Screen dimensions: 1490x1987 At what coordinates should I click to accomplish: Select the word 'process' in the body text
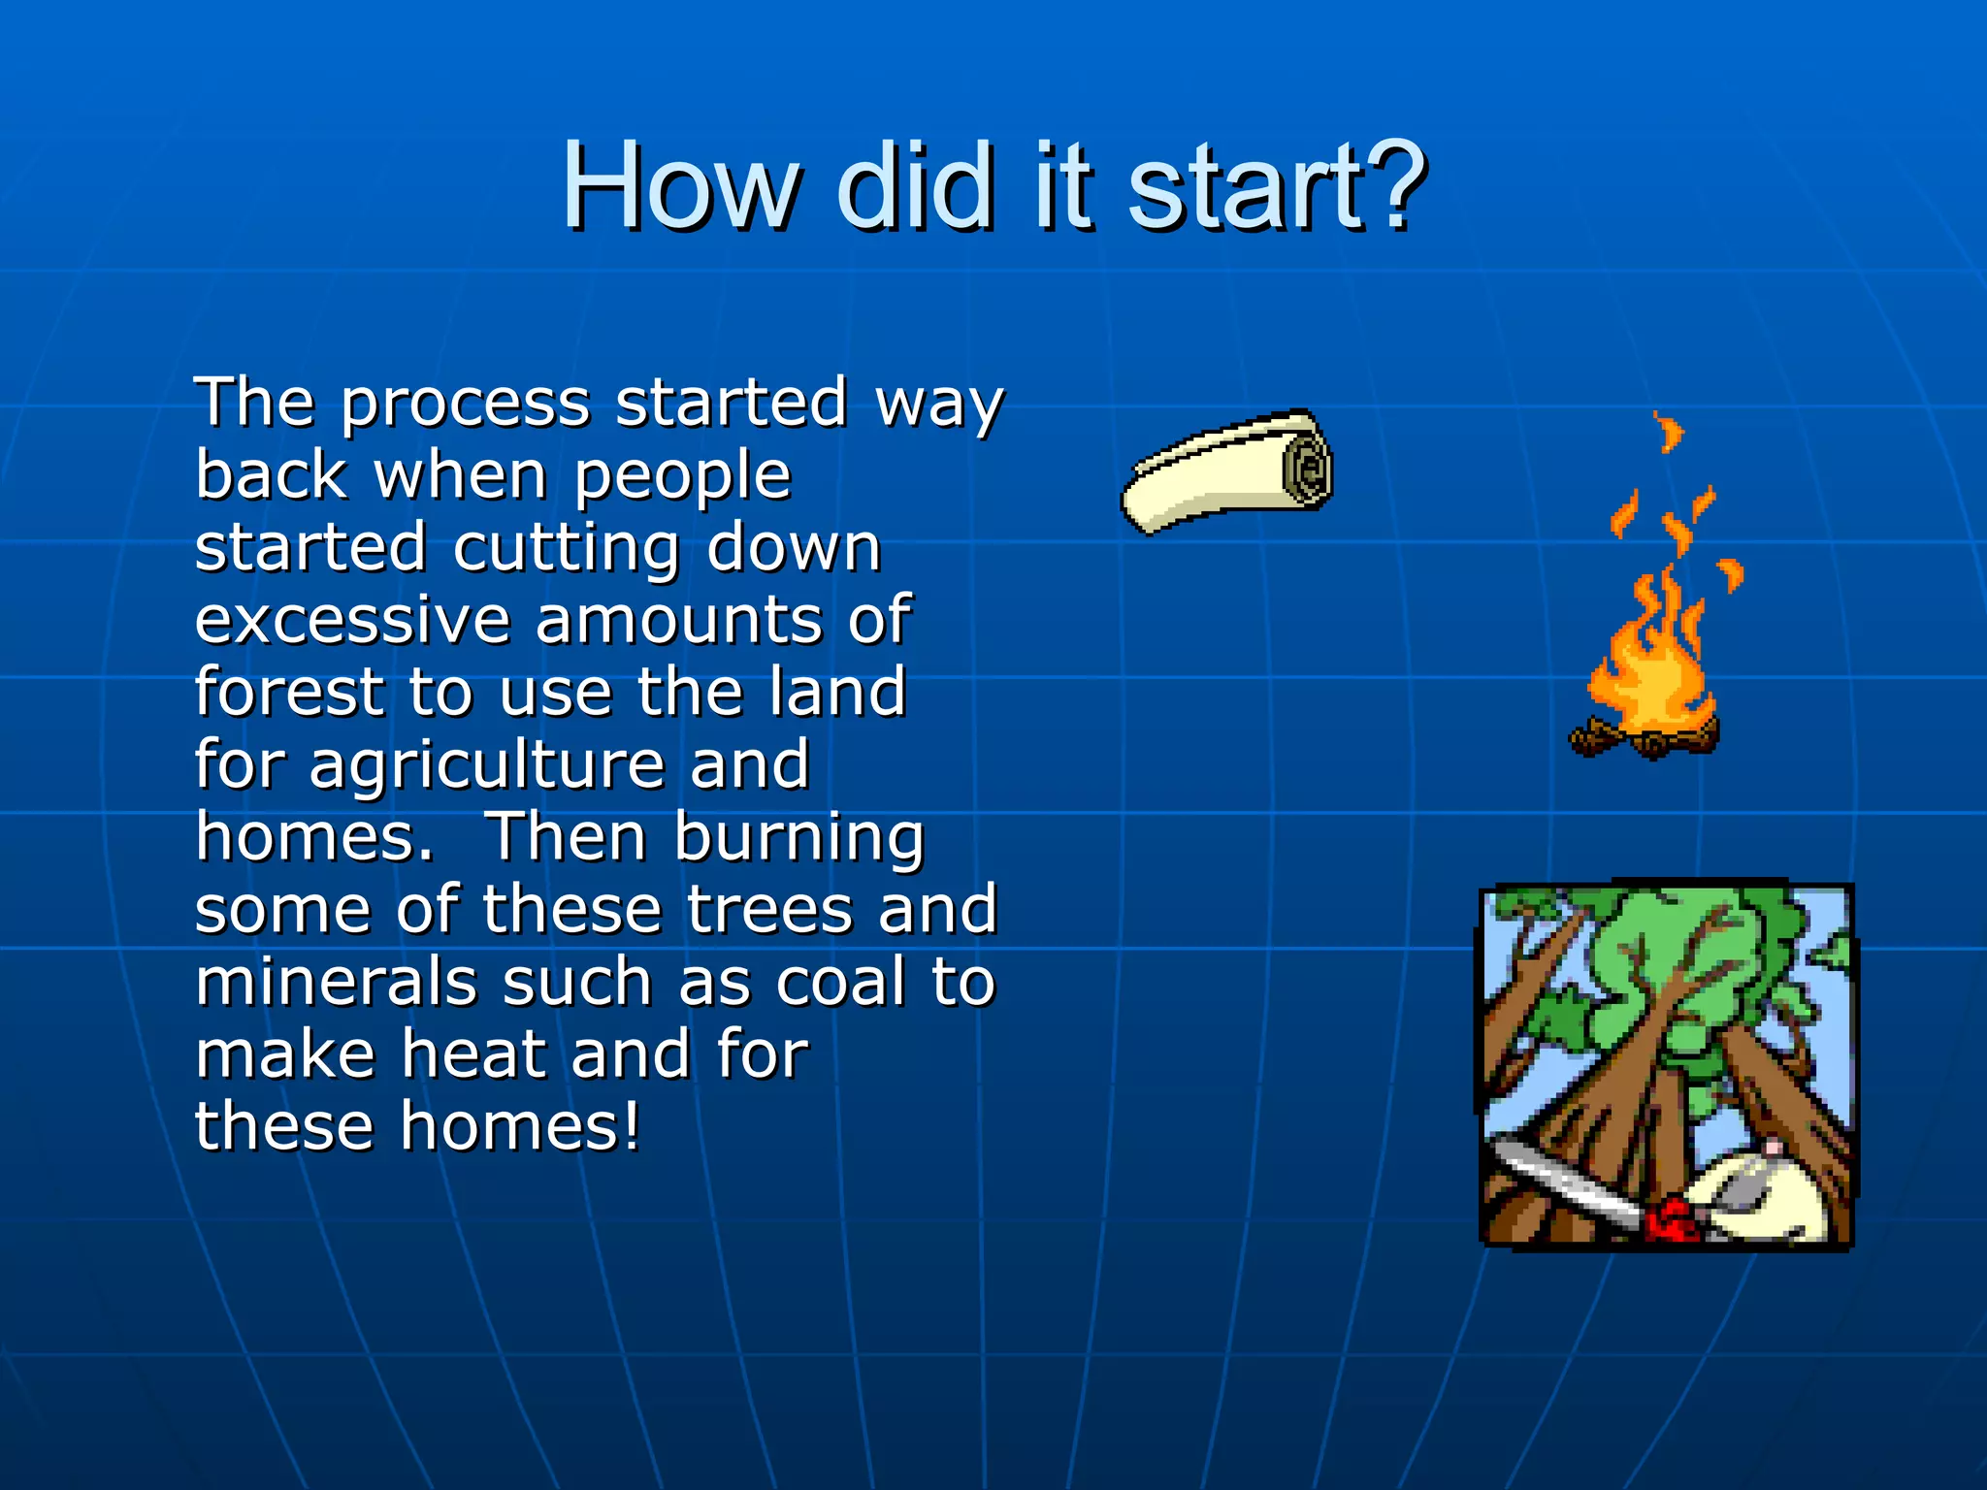tap(465, 404)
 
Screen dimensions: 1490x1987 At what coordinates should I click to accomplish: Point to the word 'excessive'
tap(352, 620)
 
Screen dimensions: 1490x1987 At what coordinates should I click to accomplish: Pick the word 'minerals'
tap(336, 982)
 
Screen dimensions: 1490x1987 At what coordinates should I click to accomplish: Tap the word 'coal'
tap(843, 982)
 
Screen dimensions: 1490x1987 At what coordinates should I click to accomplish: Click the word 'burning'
tap(798, 838)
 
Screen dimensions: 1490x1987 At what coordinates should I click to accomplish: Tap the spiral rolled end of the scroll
tap(1307, 470)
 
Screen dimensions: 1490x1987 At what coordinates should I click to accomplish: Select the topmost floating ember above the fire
tap(1669, 432)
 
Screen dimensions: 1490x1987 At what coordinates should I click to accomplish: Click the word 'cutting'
tap(566, 548)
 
